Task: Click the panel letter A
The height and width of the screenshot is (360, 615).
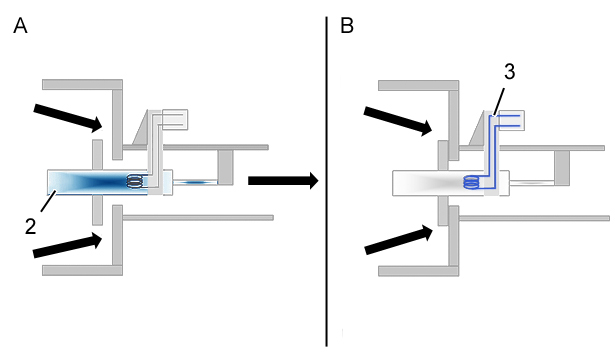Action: [20, 26]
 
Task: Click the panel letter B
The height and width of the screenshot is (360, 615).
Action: [347, 26]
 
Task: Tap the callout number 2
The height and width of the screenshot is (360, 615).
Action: [31, 227]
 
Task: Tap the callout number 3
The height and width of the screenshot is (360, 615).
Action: [509, 72]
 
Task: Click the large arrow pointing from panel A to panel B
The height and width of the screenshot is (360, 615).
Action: [283, 180]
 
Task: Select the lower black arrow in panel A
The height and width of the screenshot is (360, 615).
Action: [68, 245]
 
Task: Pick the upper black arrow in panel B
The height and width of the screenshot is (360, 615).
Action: [398, 121]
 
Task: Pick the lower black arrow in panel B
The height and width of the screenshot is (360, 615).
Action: [399, 240]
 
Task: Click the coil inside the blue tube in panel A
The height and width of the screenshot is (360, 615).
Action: [135, 182]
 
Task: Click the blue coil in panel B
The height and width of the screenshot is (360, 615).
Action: [472, 182]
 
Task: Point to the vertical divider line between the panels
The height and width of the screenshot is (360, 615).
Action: [326, 182]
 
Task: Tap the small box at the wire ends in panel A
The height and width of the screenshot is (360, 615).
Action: [175, 120]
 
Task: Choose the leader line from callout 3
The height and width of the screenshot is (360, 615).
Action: [500, 101]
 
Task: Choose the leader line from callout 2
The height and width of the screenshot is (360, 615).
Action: [49, 201]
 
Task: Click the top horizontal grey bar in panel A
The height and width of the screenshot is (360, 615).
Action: [82, 84]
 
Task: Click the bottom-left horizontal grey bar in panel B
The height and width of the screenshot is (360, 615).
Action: [418, 271]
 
